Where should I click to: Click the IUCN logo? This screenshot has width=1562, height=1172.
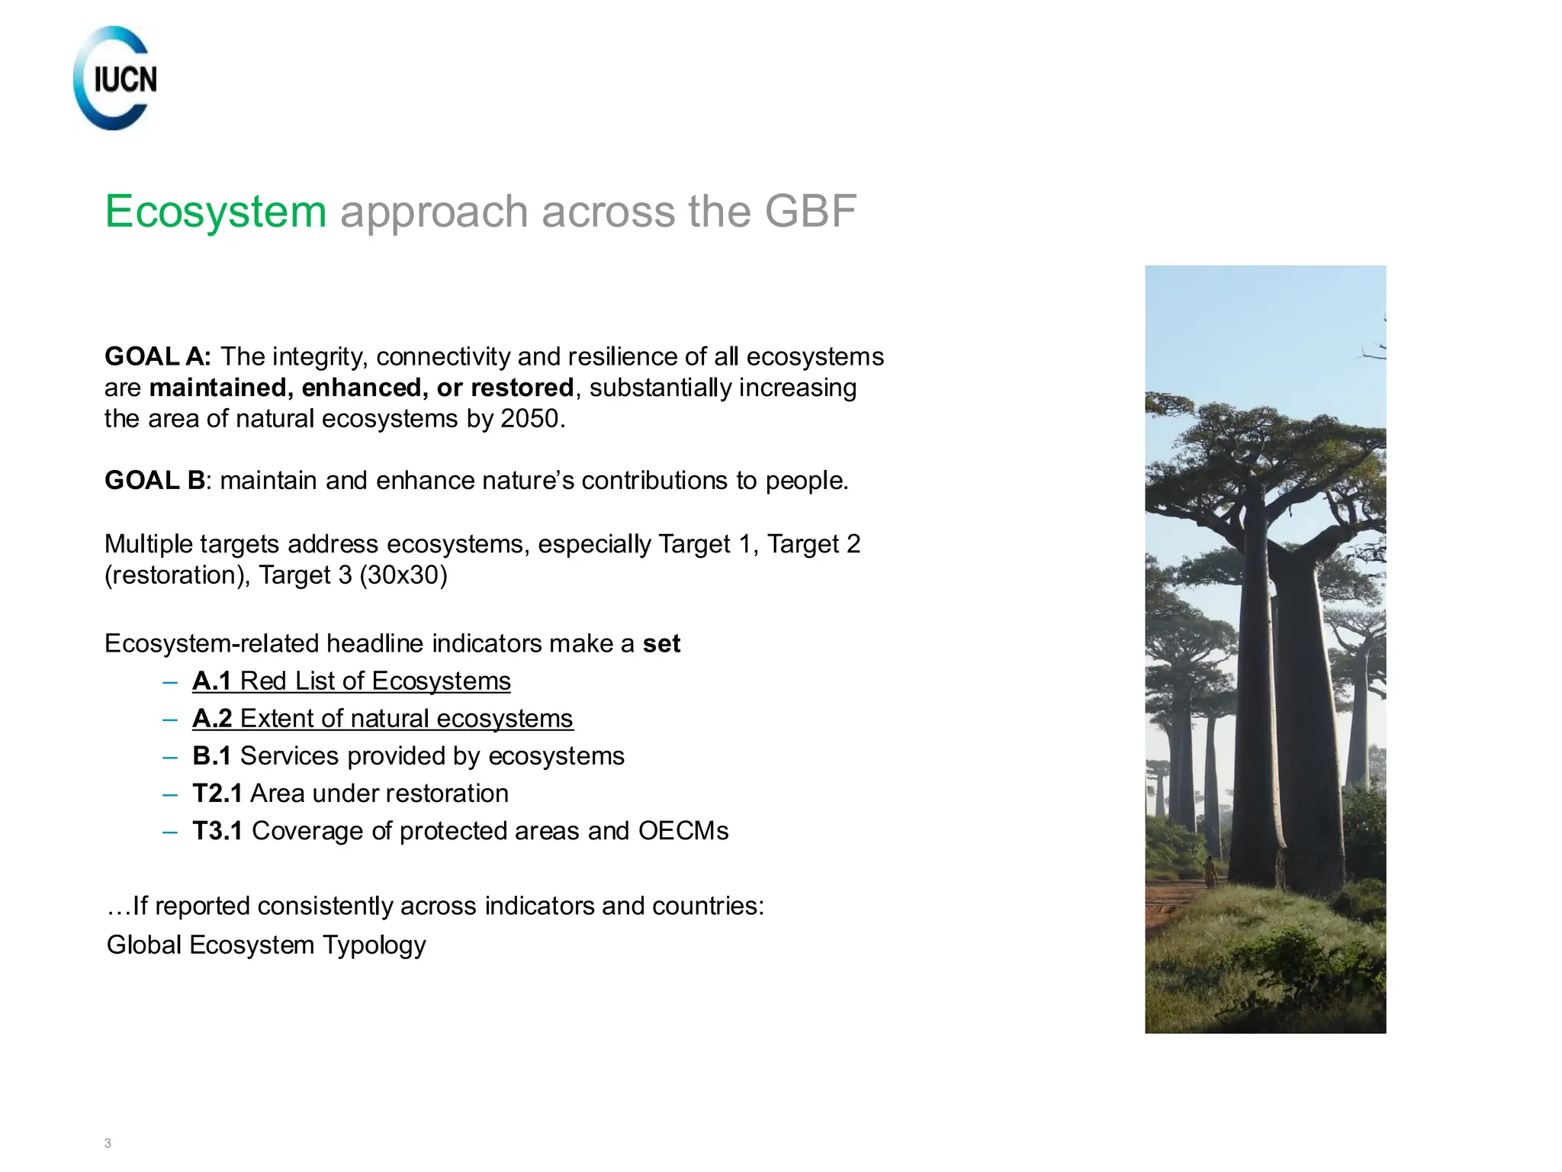point(115,79)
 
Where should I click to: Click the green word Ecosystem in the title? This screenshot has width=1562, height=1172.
point(216,211)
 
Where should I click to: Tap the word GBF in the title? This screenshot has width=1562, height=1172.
point(810,211)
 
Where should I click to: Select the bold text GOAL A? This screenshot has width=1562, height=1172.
point(158,356)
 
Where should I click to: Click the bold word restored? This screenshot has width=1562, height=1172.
point(522,388)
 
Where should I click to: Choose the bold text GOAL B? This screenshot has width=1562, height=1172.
point(155,481)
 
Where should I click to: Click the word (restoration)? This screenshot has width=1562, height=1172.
point(177,575)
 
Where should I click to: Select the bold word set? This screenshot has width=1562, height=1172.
point(661,644)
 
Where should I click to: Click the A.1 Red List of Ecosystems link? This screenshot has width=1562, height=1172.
point(352,681)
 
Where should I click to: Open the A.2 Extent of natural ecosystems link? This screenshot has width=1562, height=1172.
point(383,718)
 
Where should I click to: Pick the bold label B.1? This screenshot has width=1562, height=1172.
point(211,755)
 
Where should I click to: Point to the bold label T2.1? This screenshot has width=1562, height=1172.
point(217,793)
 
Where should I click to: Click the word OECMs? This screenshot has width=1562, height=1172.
point(683,830)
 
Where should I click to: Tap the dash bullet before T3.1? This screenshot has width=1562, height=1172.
point(170,831)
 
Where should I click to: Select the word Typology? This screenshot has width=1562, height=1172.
point(374,945)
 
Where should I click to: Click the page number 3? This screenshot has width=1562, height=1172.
point(108,1143)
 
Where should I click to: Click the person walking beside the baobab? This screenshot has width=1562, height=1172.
point(1210,871)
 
